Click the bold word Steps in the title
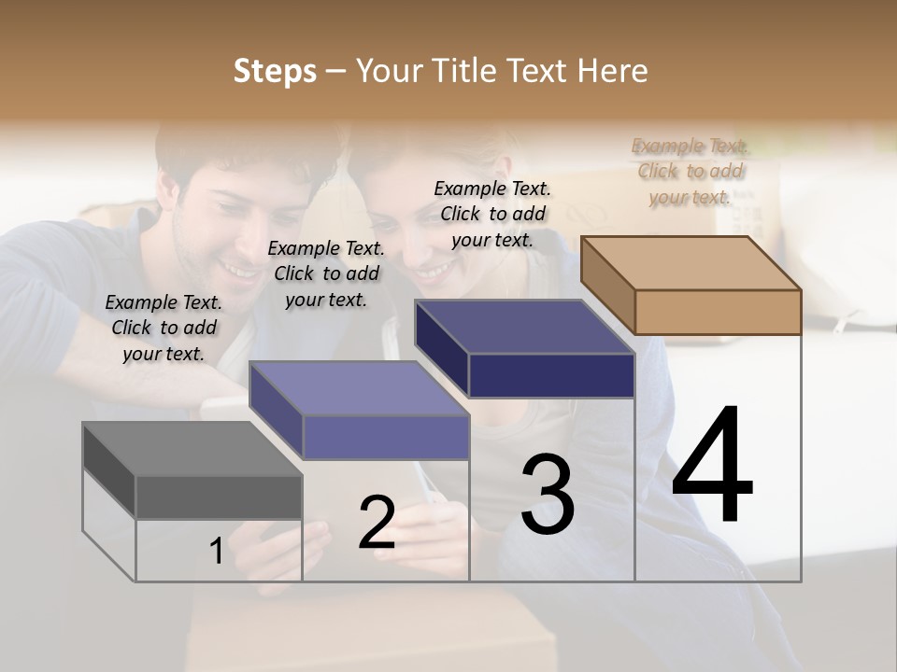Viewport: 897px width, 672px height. click(x=275, y=71)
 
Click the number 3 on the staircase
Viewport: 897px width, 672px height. click(x=548, y=495)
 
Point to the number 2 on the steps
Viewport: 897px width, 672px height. click(x=377, y=523)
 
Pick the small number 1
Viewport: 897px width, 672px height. click(x=216, y=552)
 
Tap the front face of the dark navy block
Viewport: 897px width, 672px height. click(x=551, y=376)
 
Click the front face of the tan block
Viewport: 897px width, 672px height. click(x=718, y=312)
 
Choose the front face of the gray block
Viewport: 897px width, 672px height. click(x=219, y=497)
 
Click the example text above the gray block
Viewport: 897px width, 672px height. click(x=164, y=328)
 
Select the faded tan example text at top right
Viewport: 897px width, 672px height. click(x=690, y=171)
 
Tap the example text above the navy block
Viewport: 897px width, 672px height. click(x=492, y=214)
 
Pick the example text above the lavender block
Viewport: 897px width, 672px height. click(x=325, y=273)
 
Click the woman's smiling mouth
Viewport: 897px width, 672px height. click(x=432, y=272)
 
